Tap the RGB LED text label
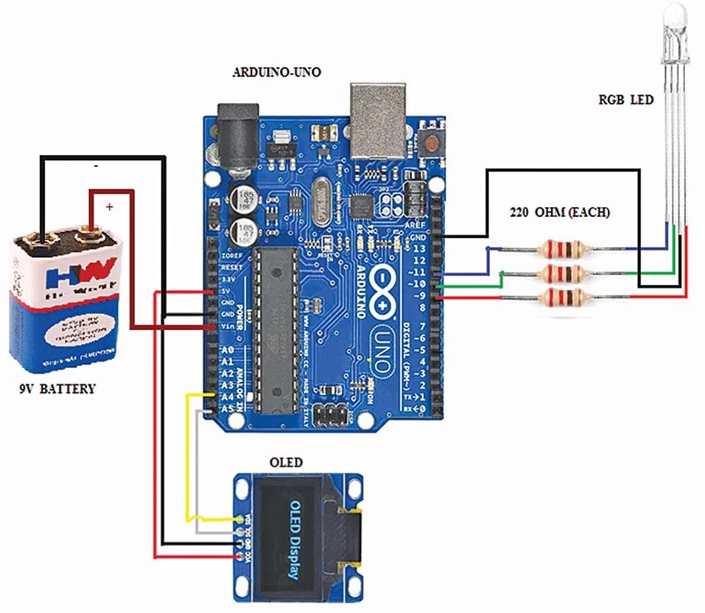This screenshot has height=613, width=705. (626, 100)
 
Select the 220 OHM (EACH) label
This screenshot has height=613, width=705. (561, 213)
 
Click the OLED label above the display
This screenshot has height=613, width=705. (286, 462)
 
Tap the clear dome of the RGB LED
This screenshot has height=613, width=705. (674, 15)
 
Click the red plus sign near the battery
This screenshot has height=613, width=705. (109, 206)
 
